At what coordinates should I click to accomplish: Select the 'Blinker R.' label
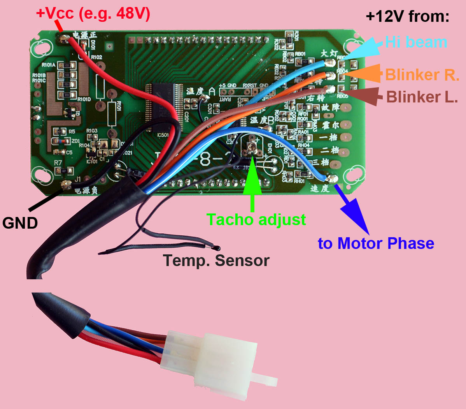click(x=422, y=75)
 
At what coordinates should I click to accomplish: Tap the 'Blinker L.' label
click(x=422, y=97)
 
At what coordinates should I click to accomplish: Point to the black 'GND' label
click(x=20, y=223)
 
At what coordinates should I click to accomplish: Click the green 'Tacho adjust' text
click(x=256, y=219)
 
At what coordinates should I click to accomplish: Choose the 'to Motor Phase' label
click(x=375, y=243)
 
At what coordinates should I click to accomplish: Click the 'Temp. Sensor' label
click(x=216, y=260)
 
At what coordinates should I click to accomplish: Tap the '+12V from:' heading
click(x=407, y=16)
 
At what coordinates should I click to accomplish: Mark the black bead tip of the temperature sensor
click(x=217, y=248)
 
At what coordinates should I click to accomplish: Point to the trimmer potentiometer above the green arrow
click(x=252, y=146)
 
